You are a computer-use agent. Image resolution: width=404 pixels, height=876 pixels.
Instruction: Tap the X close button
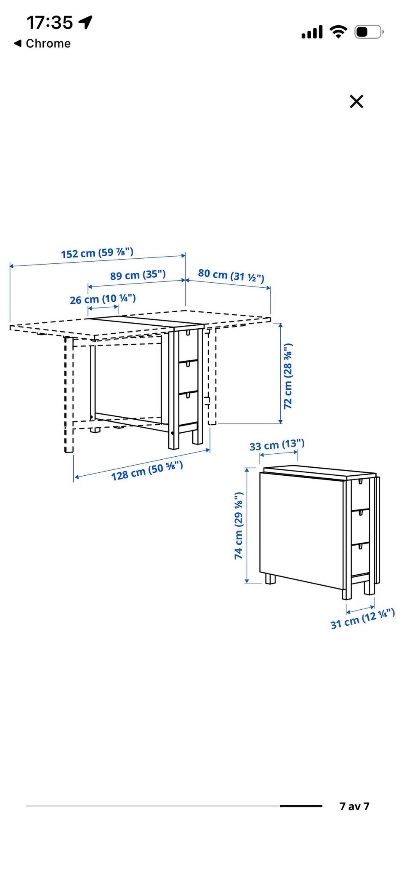[x=356, y=102]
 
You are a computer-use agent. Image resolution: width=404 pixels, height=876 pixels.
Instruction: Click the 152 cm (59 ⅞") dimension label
[x=97, y=253]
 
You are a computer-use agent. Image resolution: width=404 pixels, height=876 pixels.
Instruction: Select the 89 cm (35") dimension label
[x=138, y=275]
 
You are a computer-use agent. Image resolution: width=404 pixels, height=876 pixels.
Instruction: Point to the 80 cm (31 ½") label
[x=231, y=275]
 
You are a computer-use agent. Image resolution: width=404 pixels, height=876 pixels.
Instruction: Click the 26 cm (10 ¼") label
[x=103, y=299]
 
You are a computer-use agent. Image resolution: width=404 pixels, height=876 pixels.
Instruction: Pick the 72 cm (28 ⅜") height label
[x=288, y=376]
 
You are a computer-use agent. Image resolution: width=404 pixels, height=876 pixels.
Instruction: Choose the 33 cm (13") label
[x=277, y=445]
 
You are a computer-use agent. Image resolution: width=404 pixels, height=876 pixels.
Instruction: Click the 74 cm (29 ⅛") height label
[x=239, y=525]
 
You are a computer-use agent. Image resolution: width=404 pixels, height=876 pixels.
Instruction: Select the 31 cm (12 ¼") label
[x=362, y=619]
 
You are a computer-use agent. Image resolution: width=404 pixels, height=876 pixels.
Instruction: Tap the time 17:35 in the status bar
[x=50, y=22]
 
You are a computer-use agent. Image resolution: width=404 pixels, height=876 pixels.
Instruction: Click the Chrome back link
[x=42, y=43]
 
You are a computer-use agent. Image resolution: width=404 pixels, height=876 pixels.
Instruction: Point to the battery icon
[x=369, y=32]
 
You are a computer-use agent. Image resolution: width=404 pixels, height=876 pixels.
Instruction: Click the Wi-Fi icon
[x=338, y=32]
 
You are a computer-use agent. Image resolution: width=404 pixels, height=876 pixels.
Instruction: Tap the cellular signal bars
[x=312, y=32]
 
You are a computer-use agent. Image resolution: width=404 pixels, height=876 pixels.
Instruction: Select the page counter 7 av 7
[x=354, y=806]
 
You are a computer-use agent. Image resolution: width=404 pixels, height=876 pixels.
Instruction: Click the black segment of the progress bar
[x=301, y=806]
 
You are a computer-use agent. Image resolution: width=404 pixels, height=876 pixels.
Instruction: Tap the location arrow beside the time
[x=85, y=22]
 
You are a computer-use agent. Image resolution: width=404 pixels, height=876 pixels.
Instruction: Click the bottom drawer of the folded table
[x=361, y=559]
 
